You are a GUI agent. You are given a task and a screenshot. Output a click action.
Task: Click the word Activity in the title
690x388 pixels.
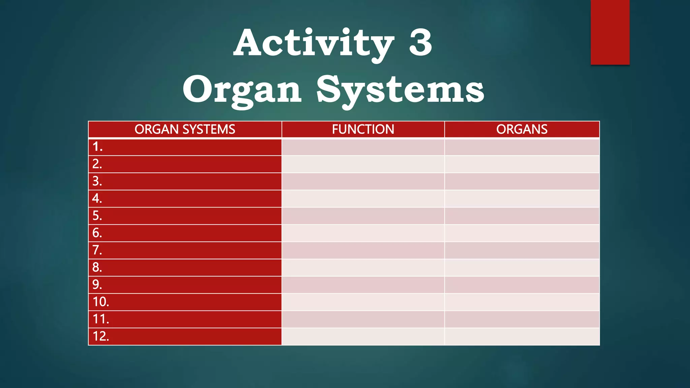click(313, 43)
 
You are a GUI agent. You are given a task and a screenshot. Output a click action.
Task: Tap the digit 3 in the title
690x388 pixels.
click(420, 43)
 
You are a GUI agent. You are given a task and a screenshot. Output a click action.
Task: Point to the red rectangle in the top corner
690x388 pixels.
click(610, 32)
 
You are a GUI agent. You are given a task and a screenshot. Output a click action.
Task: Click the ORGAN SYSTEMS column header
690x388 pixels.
click(185, 129)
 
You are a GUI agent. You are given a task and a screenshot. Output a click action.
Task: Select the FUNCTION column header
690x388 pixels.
click(363, 129)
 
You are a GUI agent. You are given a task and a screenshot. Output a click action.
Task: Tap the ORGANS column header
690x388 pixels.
click(522, 129)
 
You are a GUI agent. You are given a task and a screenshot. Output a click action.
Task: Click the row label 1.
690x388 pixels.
click(97, 147)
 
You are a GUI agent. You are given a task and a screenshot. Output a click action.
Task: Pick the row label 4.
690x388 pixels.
click(97, 198)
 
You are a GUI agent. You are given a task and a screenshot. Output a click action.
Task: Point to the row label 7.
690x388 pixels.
click(97, 250)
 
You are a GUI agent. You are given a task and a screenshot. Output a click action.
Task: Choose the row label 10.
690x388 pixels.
click(101, 302)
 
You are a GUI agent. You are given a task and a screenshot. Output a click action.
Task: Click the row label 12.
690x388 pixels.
click(101, 336)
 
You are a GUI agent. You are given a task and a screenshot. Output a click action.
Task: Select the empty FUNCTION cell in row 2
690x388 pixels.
click(363, 164)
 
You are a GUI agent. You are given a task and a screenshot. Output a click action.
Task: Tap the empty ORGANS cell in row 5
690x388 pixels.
click(522, 216)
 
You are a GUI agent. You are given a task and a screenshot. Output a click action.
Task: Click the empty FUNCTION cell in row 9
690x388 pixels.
click(363, 285)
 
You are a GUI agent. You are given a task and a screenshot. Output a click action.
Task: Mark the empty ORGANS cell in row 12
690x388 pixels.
click(522, 336)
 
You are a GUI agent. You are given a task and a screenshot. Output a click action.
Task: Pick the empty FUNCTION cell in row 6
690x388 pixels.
click(363, 233)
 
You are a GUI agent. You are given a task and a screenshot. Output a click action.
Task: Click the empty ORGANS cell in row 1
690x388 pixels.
click(522, 147)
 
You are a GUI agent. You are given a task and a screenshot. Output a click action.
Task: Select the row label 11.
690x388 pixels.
click(101, 319)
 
